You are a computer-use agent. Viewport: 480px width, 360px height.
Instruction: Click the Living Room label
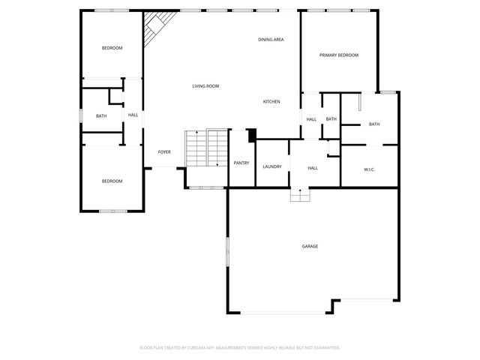point(205,86)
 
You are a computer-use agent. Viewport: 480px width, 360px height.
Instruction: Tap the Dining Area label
point(270,40)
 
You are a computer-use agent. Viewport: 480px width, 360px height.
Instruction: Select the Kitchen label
point(271,102)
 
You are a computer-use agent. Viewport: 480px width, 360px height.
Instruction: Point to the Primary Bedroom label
point(339,55)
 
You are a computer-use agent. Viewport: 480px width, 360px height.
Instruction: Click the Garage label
point(310,246)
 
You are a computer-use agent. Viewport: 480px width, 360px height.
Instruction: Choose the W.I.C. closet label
point(369,169)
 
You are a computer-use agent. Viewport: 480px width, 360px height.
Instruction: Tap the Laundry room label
point(272,166)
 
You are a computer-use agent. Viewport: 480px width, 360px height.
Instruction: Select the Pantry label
point(241,163)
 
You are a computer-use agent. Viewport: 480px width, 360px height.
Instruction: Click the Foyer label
point(164,152)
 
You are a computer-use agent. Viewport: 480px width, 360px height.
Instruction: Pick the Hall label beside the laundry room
point(313,168)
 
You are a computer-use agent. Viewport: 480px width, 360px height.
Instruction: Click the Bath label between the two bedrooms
point(100,115)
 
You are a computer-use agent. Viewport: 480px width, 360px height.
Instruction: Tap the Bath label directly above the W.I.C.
point(373,124)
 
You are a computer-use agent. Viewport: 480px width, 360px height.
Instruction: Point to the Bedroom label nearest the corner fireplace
point(112,48)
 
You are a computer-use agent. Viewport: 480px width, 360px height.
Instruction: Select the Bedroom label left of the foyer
point(112,181)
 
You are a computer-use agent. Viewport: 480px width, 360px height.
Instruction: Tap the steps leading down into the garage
point(300,195)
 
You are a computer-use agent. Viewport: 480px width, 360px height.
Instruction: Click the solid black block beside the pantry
point(251,135)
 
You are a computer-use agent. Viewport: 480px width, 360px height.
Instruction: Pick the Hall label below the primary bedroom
point(311,119)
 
